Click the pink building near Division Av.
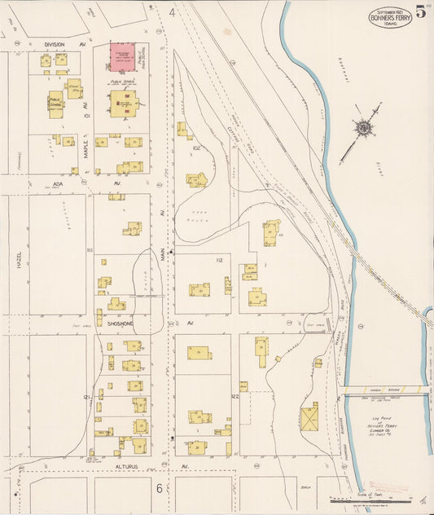tap(123, 56)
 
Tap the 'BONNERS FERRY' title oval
tap(390, 17)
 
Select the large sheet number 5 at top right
tap(420, 11)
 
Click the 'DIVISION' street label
tap(55, 44)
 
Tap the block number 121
tap(86, 397)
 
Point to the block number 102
tap(196, 147)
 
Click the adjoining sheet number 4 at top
tap(172, 13)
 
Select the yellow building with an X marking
tap(310, 419)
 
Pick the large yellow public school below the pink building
tap(124, 103)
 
